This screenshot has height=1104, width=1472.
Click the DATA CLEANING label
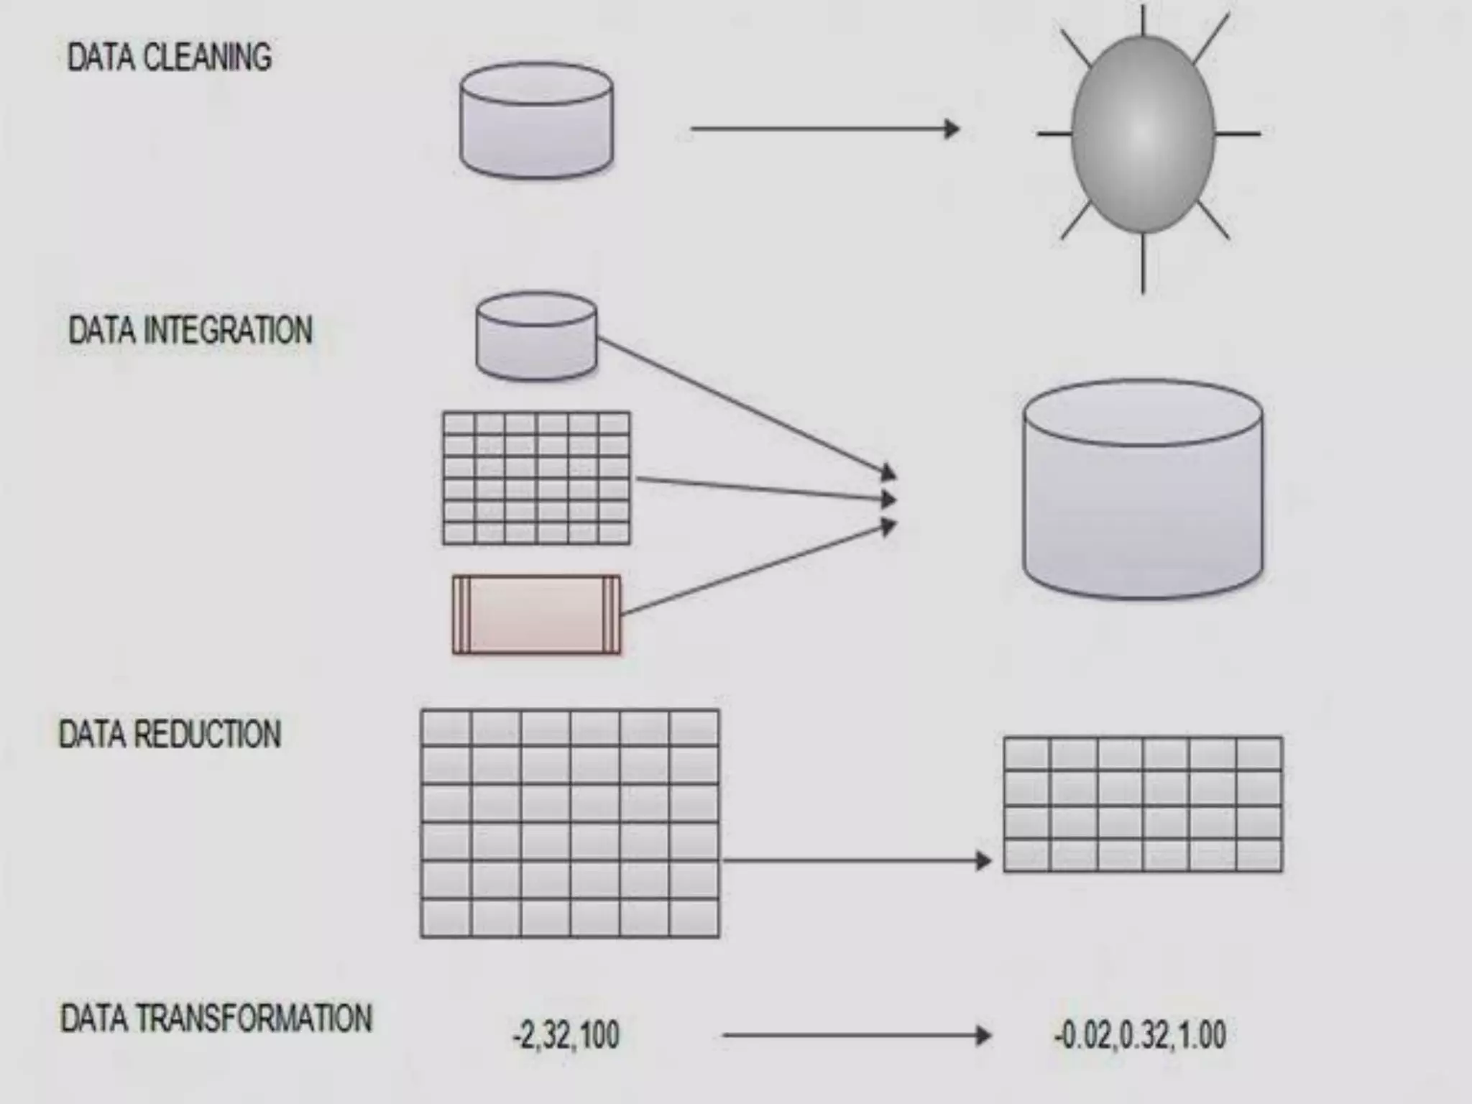click(170, 57)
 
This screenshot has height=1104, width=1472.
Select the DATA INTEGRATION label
click(190, 331)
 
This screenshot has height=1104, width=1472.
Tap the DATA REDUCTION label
click(170, 735)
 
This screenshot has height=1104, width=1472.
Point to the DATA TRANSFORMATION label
click(216, 1019)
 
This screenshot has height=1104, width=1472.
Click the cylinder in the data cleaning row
click(536, 120)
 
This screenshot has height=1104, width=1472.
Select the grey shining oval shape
click(1143, 134)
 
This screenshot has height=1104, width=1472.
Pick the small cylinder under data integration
click(536, 336)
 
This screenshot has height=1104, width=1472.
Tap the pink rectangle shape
click(536, 615)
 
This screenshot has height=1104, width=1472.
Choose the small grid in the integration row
click(536, 478)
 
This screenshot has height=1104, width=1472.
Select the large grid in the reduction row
click(570, 824)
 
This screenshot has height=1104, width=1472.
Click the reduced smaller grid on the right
click(1143, 804)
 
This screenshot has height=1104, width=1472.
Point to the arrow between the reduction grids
click(855, 860)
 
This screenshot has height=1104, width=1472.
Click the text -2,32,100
click(566, 1036)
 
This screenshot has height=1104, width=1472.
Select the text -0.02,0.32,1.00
click(1140, 1036)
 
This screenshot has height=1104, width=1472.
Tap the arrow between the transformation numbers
click(855, 1036)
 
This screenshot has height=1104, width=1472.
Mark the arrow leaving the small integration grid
click(762, 489)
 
